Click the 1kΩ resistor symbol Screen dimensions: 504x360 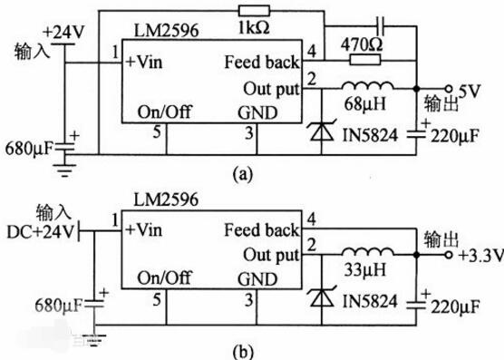(254, 11)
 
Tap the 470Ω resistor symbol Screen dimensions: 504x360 (365, 60)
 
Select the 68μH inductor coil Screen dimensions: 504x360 (367, 86)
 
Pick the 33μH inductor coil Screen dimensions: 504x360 (367, 252)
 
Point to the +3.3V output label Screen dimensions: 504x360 (480, 257)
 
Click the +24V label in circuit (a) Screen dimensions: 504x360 (63, 32)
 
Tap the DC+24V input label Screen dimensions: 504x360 (40, 232)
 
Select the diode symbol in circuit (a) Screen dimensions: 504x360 (322, 131)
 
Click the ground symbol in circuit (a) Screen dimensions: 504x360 (64, 170)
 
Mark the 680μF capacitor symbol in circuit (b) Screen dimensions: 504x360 (95, 304)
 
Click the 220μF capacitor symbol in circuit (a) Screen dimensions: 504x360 (417, 134)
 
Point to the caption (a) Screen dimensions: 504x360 (242, 174)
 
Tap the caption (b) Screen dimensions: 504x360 (242, 352)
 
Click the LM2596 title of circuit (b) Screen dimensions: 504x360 (166, 199)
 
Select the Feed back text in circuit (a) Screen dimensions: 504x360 (262, 62)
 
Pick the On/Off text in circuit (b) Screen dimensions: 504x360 (165, 277)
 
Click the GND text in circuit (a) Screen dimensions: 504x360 (257, 113)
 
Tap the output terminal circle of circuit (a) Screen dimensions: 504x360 (449, 88)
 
